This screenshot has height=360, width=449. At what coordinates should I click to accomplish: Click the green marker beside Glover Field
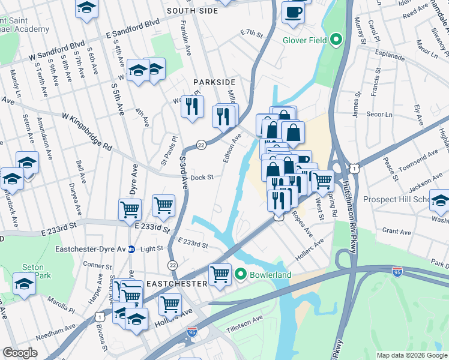click(x=336, y=40)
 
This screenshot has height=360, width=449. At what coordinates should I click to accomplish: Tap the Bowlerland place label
click(x=271, y=275)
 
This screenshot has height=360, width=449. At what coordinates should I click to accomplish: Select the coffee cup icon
click(x=293, y=13)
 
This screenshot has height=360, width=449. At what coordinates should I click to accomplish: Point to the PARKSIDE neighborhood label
click(x=213, y=82)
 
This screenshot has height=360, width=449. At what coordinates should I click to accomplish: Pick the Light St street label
click(x=151, y=248)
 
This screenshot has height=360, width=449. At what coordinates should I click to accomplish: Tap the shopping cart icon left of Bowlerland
click(x=220, y=274)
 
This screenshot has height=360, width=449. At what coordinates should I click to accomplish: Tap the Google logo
click(x=20, y=353)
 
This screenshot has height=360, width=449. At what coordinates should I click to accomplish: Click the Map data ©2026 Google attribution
click(x=411, y=355)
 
